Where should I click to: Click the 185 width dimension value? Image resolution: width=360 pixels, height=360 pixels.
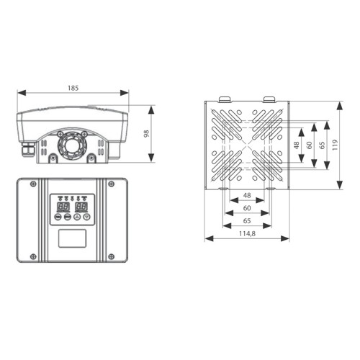coord(73,89)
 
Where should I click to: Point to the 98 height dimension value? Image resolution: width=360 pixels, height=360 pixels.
coord(146,134)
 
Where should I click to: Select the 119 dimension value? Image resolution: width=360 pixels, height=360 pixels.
coord(335,145)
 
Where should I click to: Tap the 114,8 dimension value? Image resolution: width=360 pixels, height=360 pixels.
coord(247,233)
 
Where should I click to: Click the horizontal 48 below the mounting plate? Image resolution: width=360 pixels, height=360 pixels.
coord(247,195)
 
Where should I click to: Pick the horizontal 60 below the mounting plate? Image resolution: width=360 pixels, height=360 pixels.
coord(247,208)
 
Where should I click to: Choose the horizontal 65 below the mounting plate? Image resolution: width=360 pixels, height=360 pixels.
coord(247,221)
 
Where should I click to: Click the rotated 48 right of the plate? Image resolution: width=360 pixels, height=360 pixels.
coord(297,145)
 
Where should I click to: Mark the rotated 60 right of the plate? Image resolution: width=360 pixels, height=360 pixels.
coord(310,145)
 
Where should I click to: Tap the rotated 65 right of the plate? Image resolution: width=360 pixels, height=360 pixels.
coord(322,145)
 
